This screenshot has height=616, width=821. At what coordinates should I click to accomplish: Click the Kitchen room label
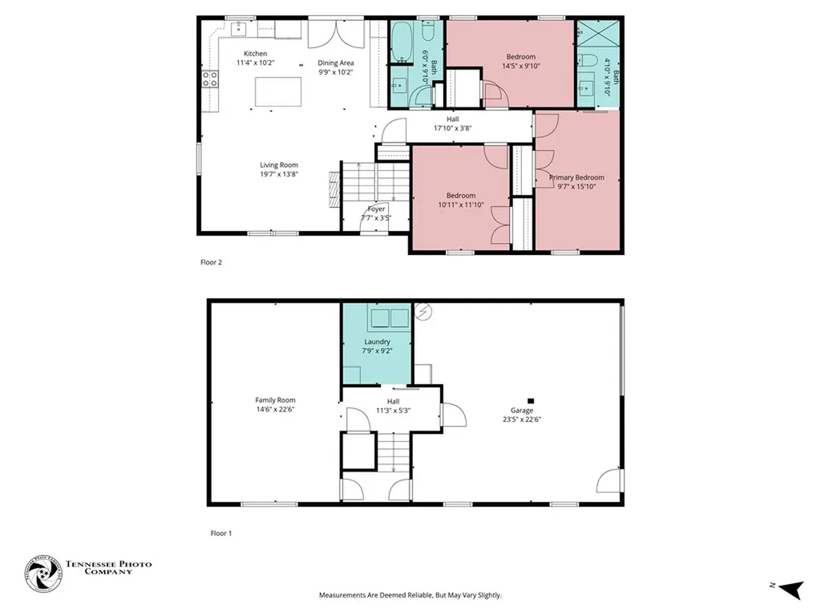tap(256, 54)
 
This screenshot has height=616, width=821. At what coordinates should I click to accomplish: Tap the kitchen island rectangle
tap(278, 91)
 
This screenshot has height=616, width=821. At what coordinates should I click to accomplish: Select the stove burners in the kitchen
tap(210, 79)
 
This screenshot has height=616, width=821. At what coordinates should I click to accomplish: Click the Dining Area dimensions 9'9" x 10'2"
tap(336, 72)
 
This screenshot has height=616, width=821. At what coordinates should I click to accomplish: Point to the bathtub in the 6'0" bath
tap(402, 42)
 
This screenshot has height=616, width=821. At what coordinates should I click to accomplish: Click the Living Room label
tap(279, 165)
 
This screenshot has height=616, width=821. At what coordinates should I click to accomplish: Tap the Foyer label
tap(376, 209)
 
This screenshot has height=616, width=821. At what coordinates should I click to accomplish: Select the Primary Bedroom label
tap(576, 177)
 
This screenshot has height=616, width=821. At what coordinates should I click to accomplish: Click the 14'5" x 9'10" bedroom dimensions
tap(521, 66)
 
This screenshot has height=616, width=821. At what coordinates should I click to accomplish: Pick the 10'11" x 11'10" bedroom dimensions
tap(461, 205)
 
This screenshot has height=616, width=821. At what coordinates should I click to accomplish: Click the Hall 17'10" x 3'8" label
tap(453, 124)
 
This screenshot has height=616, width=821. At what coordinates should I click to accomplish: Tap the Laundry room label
tap(377, 342)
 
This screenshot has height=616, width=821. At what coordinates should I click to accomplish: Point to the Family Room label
tap(276, 399)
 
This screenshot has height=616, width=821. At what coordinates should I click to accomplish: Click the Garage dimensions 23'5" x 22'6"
tap(522, 419)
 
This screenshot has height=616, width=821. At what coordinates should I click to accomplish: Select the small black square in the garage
tap(531, 401)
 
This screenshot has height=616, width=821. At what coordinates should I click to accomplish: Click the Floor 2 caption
tap(211, 262)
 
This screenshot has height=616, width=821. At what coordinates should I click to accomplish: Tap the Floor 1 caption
tap(221, 533)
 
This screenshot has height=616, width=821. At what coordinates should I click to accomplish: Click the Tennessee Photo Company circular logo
tap(43, 573)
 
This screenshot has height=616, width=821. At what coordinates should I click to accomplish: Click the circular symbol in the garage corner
tap(423, 312)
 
